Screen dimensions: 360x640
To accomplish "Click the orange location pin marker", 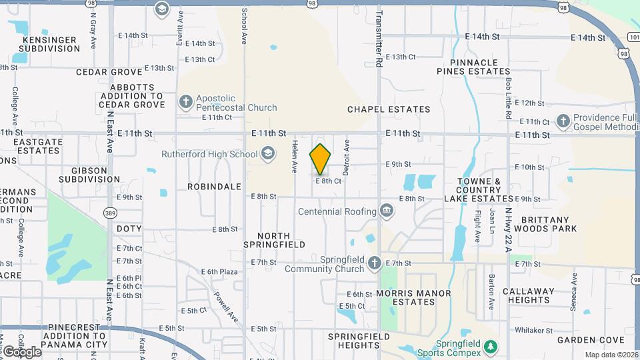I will click(x=320, y=159).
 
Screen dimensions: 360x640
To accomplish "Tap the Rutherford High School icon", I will click(x=268, y=154).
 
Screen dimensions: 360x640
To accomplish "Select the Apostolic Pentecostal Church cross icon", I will click(x=186, y=102).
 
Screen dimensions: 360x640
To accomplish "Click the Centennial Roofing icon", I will click(x=386, y=211).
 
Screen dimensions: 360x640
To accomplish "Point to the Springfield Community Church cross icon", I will click(x=375, y=263).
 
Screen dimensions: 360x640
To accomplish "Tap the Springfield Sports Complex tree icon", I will click(x=491, y=347).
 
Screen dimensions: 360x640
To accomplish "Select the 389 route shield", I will click(x=109, y=212).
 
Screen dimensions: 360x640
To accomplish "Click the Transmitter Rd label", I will click(x=379, y=39).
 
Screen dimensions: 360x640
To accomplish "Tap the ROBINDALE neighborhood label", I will click(x=213, y=187).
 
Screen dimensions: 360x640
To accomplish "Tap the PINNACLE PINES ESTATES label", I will click(x=473, y=67).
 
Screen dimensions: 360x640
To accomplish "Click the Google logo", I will click(x=22, y=351).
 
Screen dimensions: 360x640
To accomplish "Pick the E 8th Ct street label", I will click(x=328, y=181).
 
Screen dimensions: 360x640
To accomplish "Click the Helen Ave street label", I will click(x=294, y=157).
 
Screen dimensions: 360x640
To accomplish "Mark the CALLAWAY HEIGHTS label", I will click(x=528, y=295).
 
